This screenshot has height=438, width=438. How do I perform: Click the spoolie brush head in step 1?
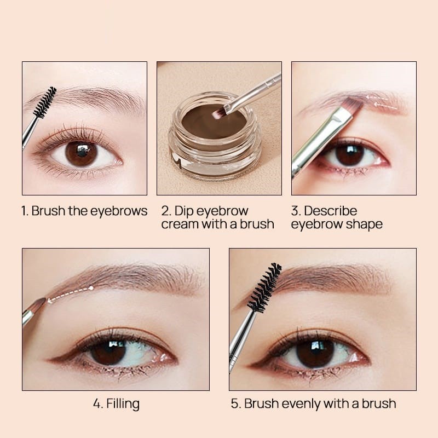pos(45,102)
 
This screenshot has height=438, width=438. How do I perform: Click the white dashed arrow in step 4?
pos(71,294)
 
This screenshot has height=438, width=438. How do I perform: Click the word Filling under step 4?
pos(123,404)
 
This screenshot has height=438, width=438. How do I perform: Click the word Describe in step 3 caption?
pos(331,211)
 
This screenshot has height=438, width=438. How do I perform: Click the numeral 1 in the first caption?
pos(24,211)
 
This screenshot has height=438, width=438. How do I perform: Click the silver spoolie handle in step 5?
pos(242,341)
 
